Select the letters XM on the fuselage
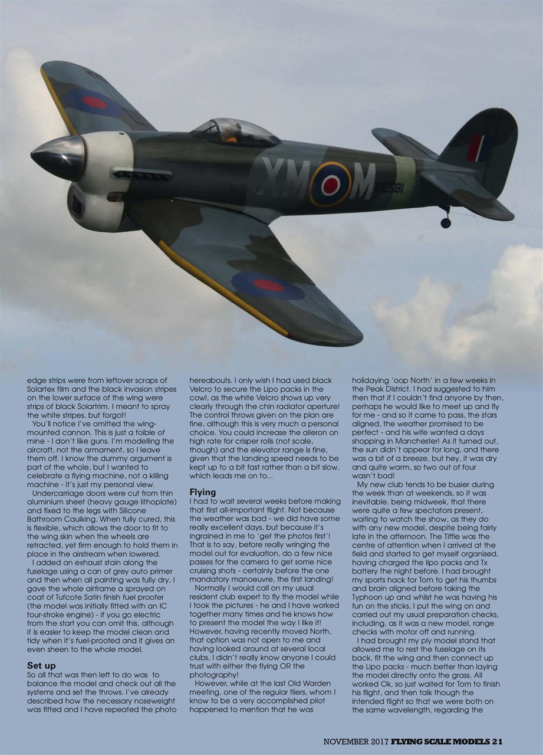(285, 178)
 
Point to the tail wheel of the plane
(446, 222)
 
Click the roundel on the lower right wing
(268, 285)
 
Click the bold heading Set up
(41, 665)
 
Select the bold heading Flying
(202, 492)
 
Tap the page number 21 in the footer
(497, 741)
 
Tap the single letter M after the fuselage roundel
(362, 182)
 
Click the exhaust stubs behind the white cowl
(141, 175)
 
